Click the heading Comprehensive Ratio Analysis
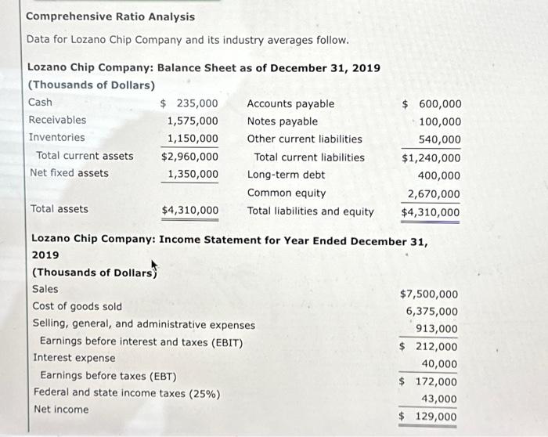point(110,16)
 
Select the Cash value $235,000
point(189,103)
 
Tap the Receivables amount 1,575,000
point(193,121)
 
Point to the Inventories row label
point(56,138)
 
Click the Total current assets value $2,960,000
point(189,156)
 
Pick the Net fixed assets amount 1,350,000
point(193,173)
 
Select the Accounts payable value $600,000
point(431,104)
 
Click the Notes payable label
point(282,121)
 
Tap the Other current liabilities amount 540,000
point(440,139)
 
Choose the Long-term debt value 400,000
point(440,176)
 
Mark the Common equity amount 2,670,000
point(434,194)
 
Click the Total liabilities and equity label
point(310,211)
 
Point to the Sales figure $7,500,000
point(429,294)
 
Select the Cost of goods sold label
point(77,306)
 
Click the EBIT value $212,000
point(429,347)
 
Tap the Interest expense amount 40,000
point(440,364)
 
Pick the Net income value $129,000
point(429,417)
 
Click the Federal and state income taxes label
point(126,392)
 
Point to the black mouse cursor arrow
point(153,266)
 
